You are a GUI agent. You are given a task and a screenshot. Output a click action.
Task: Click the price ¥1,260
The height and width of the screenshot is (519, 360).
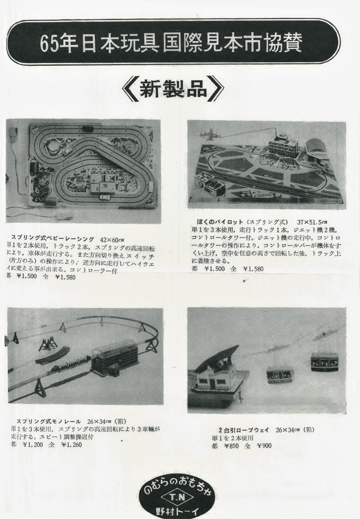click(x=72, y=444)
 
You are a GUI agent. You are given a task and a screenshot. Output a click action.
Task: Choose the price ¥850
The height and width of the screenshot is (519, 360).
click(x=232, y=446)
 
